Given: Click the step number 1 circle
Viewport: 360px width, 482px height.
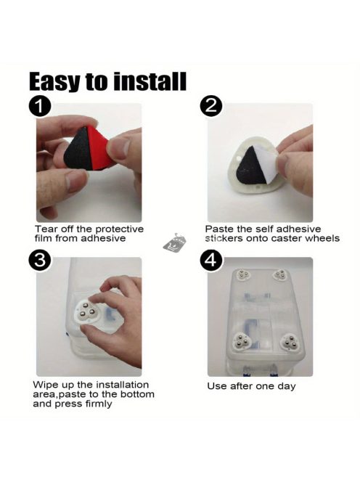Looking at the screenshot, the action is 40,107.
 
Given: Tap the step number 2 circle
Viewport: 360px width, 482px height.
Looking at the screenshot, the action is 211,107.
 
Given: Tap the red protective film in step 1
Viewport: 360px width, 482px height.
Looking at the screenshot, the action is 99,147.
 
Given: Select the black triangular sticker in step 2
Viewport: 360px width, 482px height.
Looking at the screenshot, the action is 250,166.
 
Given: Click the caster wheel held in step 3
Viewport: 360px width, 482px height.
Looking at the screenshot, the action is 88,311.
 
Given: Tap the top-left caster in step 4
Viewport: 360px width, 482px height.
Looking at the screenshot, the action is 242,274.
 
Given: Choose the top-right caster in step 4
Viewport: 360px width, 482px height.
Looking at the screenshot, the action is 281,275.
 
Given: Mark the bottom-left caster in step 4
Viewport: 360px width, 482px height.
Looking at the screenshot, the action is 242,341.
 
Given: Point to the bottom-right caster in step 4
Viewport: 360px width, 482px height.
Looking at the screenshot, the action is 290,342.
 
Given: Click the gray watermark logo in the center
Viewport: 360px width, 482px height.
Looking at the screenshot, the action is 175,243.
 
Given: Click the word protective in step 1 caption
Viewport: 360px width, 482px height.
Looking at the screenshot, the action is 119,229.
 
